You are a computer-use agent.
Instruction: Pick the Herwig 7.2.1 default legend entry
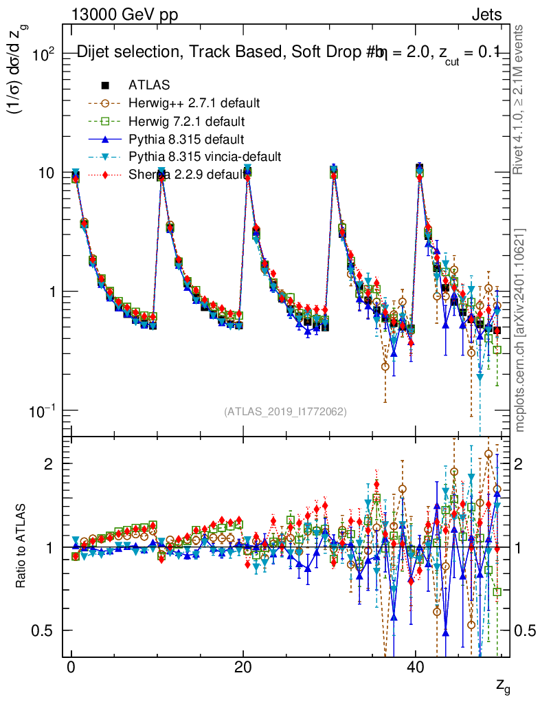(187, 121)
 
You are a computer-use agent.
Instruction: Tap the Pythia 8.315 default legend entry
(186, 139)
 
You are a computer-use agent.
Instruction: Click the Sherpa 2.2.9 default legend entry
(187, 175)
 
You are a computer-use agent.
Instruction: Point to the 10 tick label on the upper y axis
(45, 173)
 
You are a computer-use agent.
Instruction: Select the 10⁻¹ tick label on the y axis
(42, 411)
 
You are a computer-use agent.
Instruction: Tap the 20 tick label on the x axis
(243, 668)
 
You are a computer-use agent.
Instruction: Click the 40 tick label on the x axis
(414, 668)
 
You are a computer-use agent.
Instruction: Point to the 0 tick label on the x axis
(71, 668)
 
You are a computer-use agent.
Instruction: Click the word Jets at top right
(486, 14)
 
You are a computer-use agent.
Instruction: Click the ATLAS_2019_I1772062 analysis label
(285, 412)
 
